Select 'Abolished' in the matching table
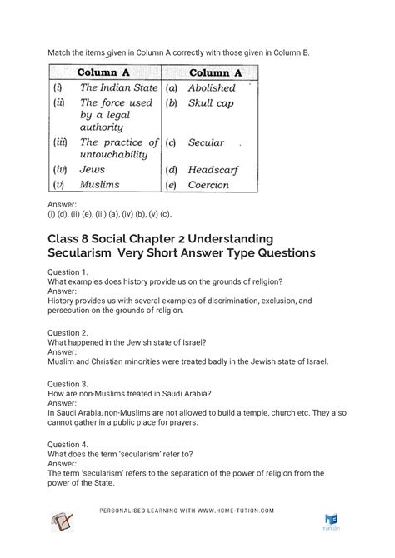(x=212, y=87)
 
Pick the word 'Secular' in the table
(x=207, y=142)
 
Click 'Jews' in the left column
(x=92, y=169)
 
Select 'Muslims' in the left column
(x=99, y=185)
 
